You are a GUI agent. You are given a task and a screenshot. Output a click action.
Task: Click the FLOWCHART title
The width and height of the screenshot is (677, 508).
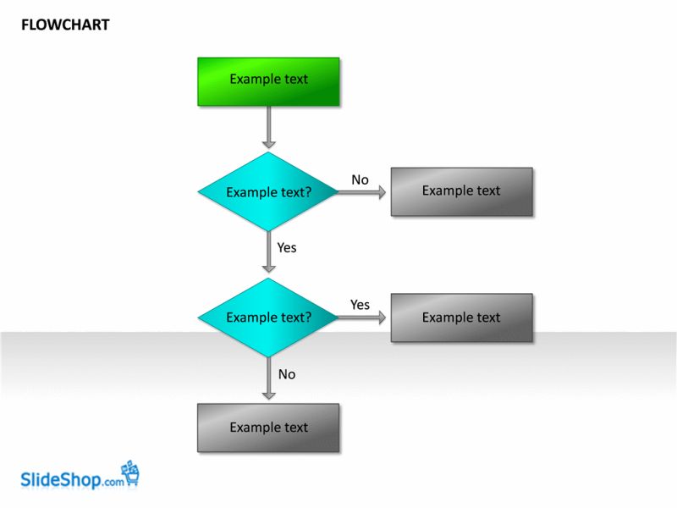65,25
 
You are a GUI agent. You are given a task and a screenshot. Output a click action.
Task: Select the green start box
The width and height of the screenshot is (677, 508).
268,81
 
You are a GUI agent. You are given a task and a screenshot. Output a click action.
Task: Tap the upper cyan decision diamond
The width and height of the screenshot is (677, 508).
268,192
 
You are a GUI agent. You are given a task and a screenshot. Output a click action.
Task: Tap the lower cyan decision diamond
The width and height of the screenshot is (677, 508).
268,317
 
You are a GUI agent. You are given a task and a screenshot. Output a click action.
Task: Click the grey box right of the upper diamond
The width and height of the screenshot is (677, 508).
461,191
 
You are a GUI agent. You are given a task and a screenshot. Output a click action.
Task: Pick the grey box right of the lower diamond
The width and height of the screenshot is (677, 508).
461,317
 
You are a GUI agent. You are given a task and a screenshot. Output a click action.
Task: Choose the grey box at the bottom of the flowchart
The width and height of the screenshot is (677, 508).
268,428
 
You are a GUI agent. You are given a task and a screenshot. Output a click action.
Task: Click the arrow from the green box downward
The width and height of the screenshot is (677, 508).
268,127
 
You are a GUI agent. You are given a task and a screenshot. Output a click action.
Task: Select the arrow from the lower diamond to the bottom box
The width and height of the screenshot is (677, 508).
268,378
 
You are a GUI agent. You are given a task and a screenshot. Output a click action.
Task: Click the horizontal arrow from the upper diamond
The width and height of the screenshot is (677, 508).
362,192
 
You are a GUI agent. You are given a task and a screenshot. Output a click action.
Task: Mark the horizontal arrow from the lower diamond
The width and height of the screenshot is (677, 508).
362,317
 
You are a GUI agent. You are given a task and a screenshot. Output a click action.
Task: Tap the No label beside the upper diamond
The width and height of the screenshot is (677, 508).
360,179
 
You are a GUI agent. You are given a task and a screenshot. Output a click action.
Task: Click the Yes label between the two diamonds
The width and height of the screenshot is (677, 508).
287,248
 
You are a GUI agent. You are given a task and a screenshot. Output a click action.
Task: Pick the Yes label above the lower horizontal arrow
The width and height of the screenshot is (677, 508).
360,305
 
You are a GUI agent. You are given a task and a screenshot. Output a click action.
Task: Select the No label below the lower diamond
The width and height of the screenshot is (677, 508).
287,374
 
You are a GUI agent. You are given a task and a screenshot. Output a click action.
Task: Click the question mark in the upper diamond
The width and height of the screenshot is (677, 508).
308,193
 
